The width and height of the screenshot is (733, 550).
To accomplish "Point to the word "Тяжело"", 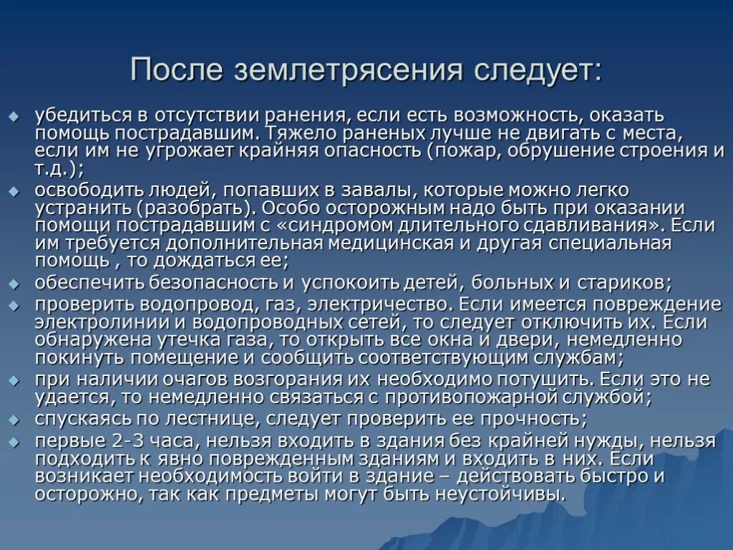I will point(298,132).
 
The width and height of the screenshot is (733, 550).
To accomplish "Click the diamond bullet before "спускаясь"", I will point(12,418).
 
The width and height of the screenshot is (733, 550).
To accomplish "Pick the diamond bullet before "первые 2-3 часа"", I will point(12,440).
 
